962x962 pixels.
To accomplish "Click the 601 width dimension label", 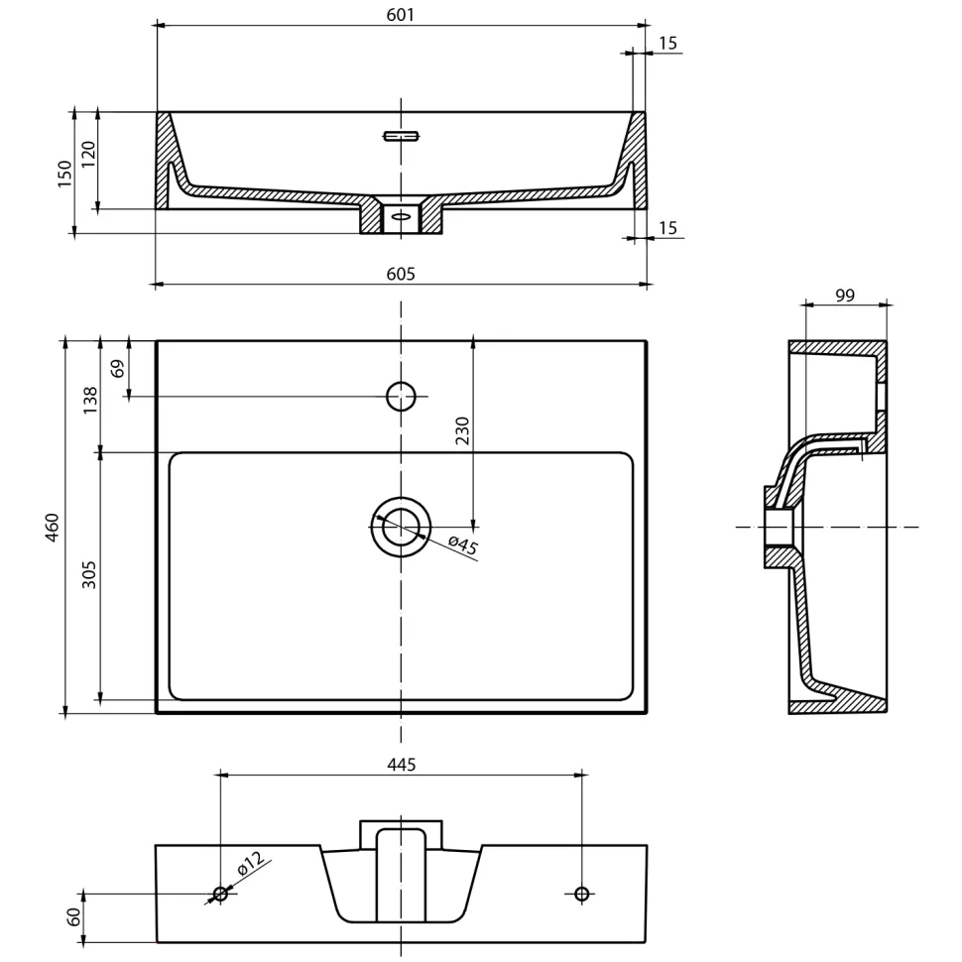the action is (x=400, y=14).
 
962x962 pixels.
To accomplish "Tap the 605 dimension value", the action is (x=401, y=274).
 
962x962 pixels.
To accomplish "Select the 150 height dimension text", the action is (x=64, y=174).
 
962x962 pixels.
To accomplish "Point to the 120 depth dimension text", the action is (x=88, y=155).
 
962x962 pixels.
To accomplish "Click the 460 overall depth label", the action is (x=52, y=528).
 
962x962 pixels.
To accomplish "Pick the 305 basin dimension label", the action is (x=89, y=575).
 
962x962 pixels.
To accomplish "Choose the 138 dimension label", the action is (x=89, y=400).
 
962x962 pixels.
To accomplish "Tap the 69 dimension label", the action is (x=117, y=368).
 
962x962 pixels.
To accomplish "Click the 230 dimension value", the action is (x=462, y=430).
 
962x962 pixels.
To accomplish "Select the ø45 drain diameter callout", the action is (x=463, y=544).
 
